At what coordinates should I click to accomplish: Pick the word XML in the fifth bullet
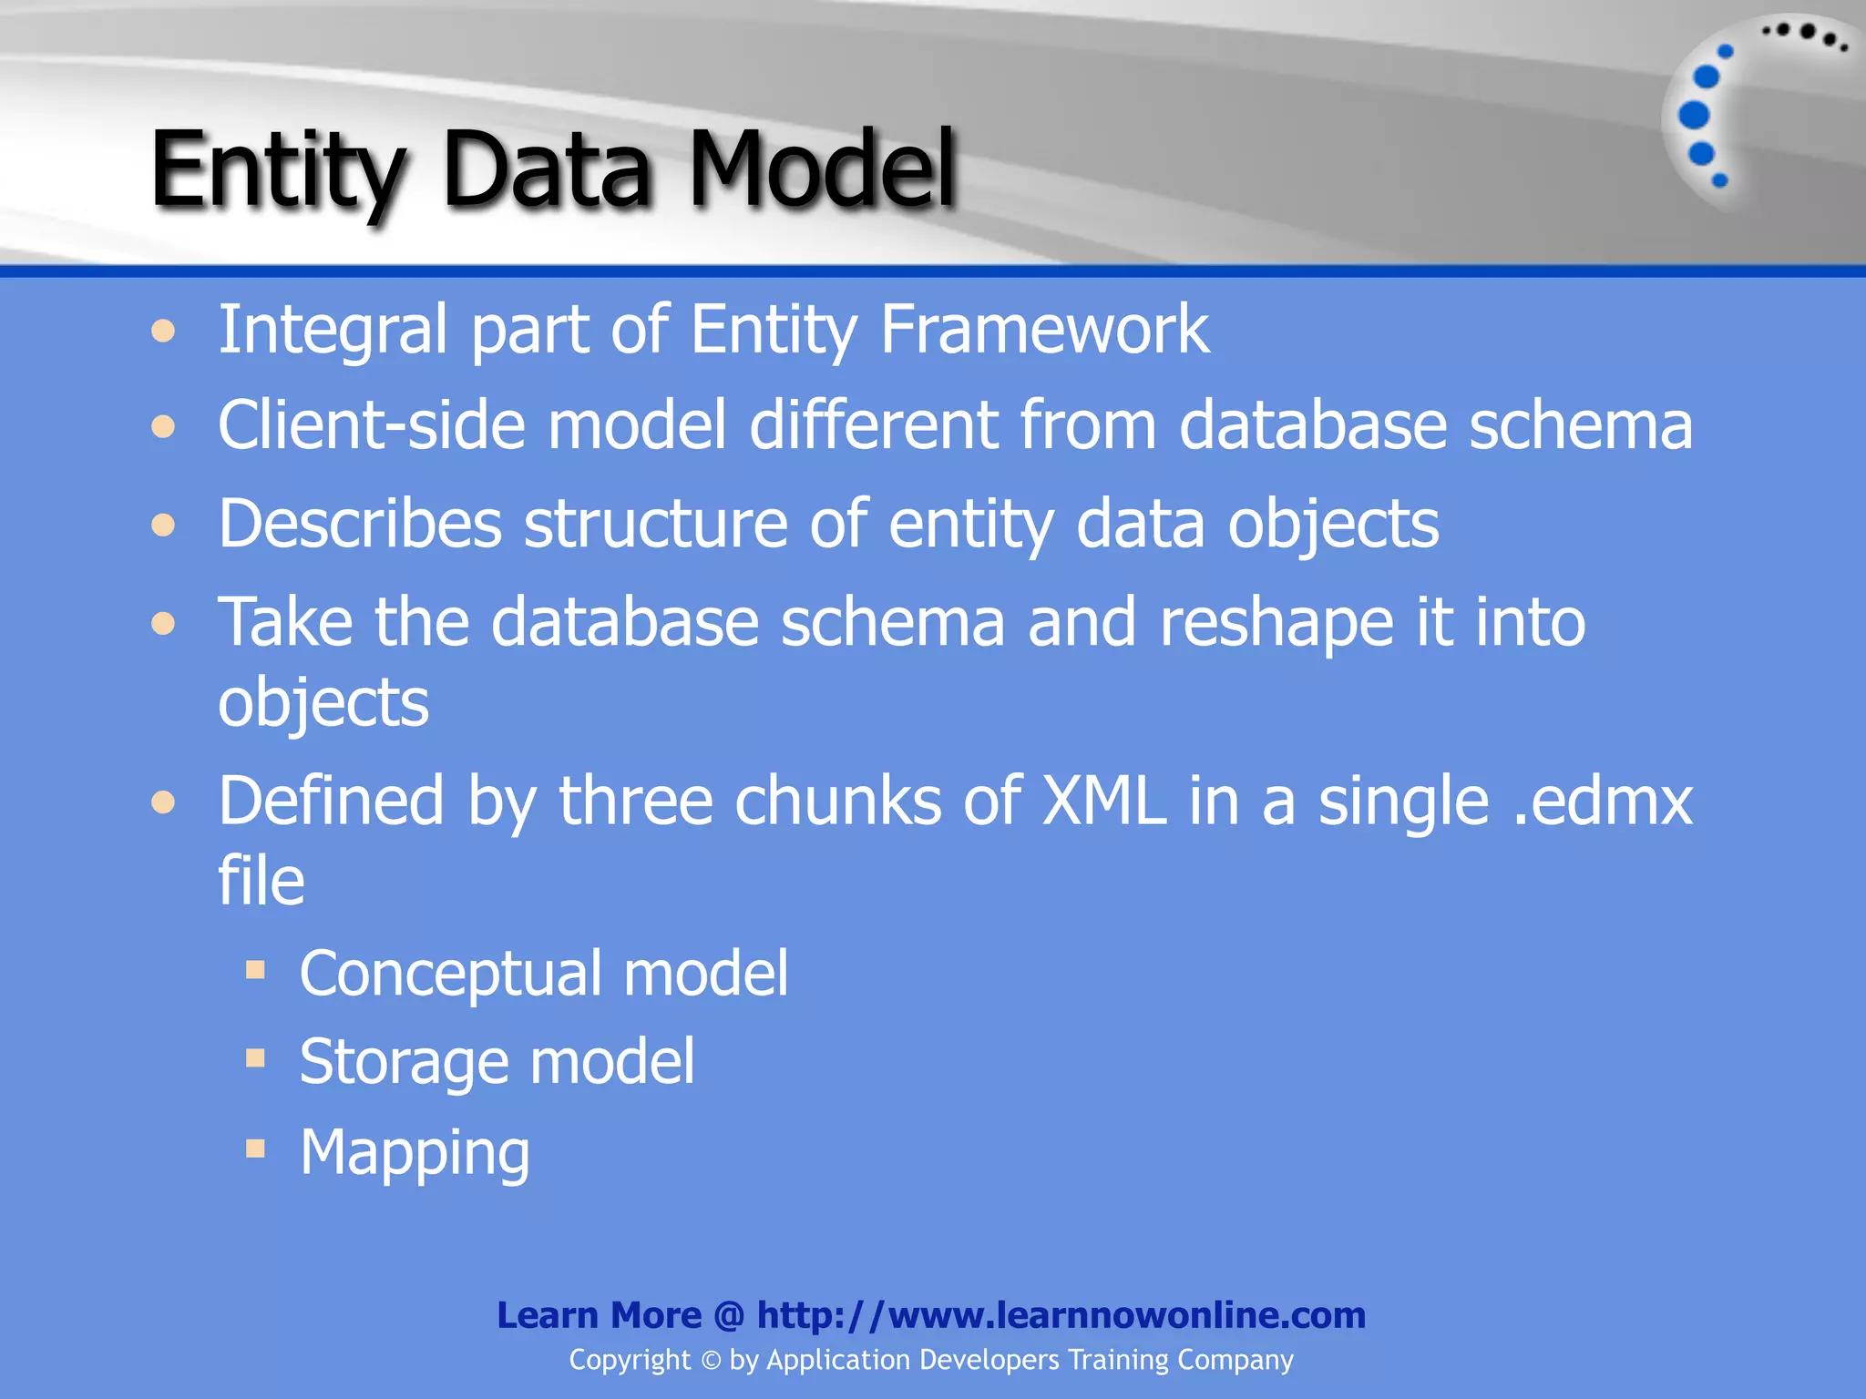[1103, 802]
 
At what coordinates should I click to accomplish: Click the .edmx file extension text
[1602, 802]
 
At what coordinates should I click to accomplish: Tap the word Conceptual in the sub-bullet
[450, 975]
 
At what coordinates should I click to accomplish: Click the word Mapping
[415, 1153]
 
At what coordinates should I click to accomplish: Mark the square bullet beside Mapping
[255, 1149]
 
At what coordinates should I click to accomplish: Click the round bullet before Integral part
[163, 331]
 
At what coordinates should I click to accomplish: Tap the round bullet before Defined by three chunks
[163, 802]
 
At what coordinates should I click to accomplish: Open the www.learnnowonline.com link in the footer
[1061, 1315]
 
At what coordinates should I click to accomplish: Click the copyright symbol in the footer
[711, 1361]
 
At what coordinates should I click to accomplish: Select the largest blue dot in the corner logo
[1694, 115]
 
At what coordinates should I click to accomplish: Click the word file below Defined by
[261, 881]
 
